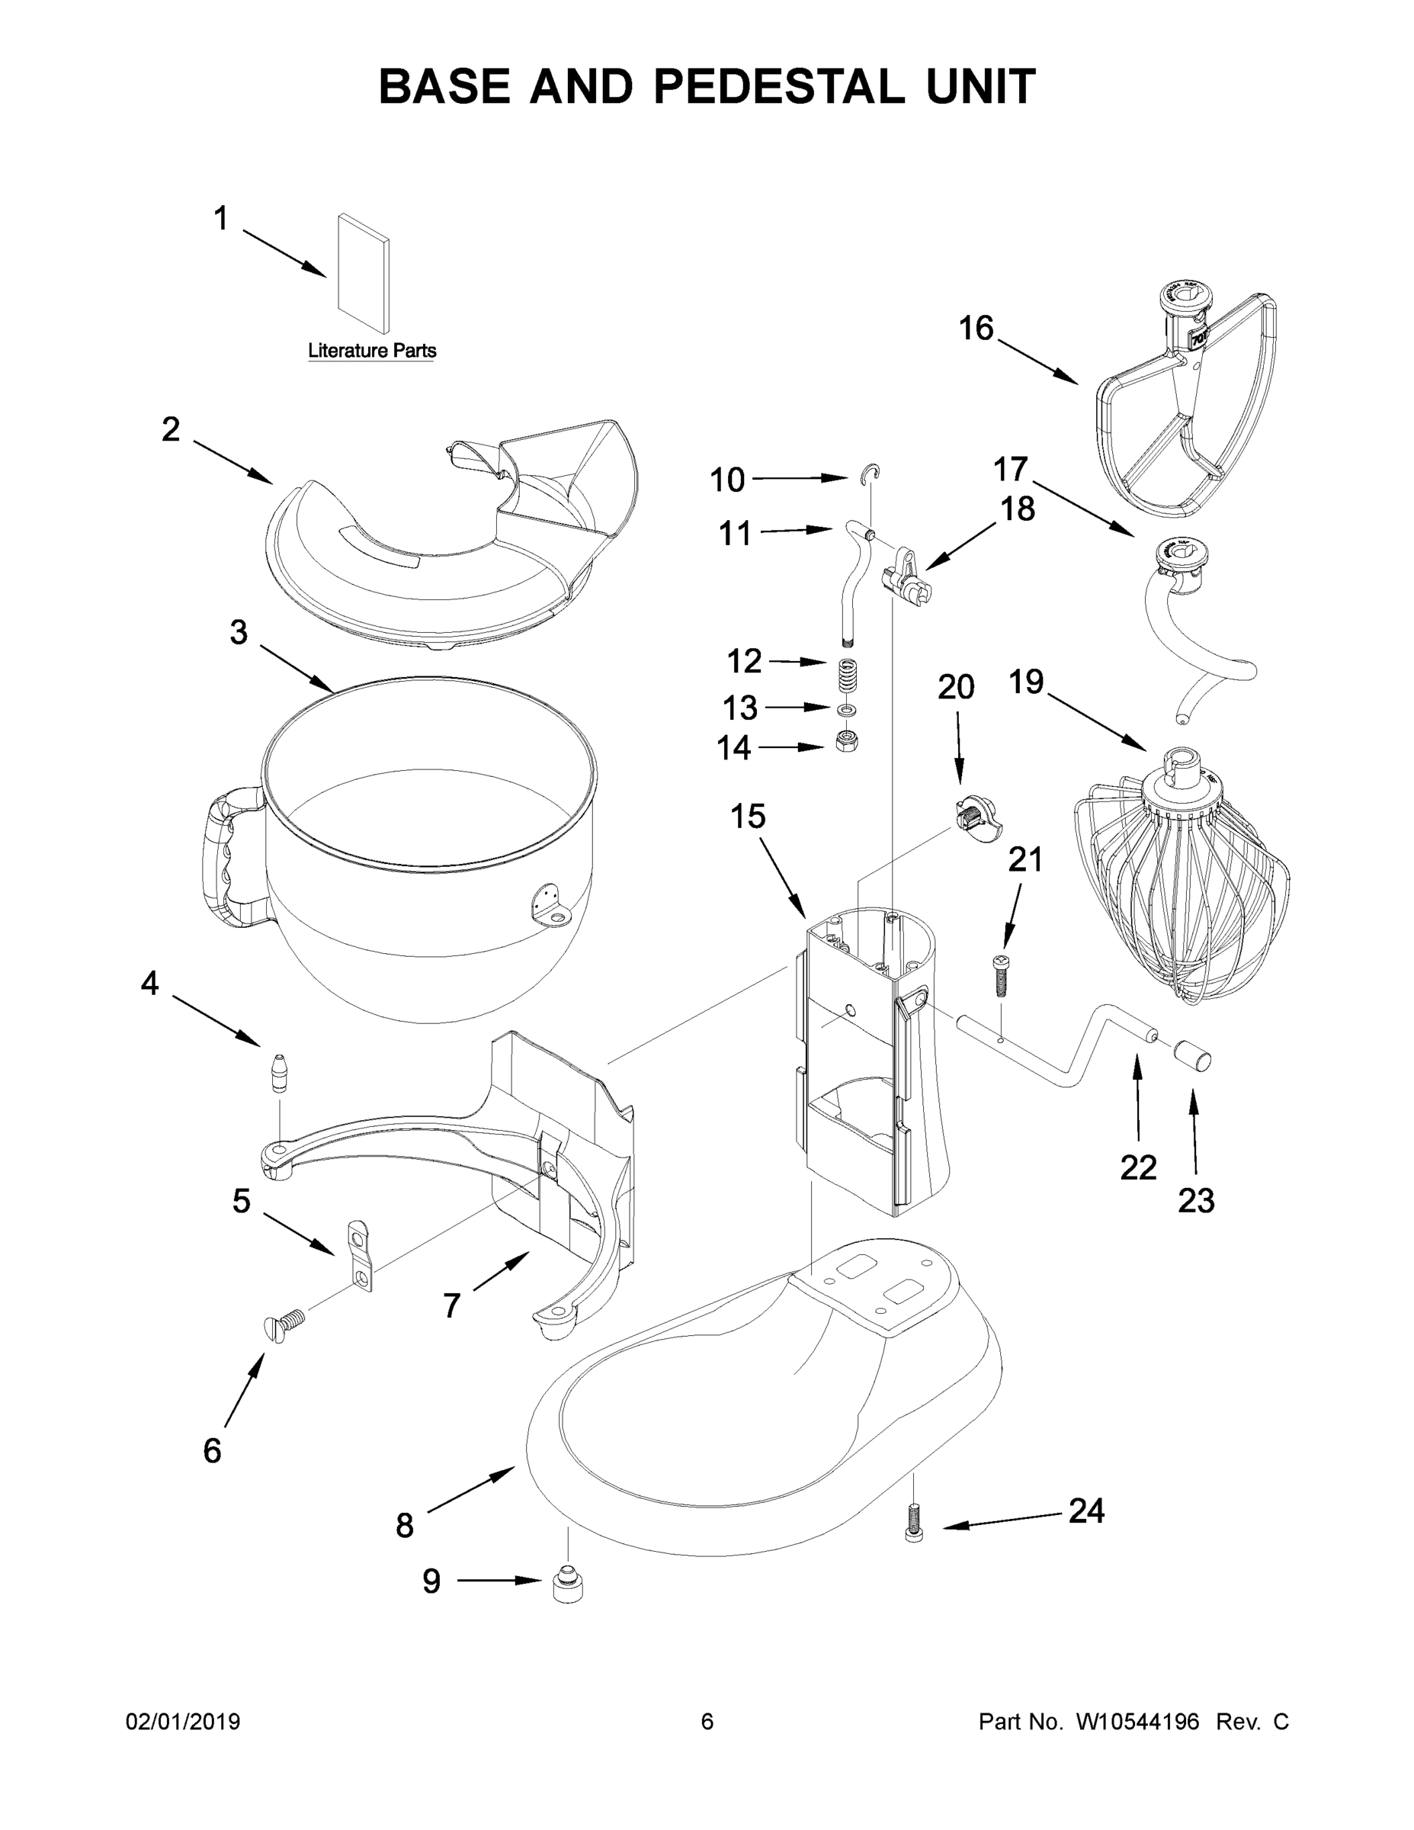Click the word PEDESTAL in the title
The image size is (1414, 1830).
click(778, 86)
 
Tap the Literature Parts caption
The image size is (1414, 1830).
click(372, 350)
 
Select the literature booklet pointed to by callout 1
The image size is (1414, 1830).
click(363, 274)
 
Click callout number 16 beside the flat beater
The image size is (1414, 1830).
click(976, 329)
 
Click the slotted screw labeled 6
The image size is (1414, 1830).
click(285, 1324)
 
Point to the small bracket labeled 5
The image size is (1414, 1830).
click(358, 1254)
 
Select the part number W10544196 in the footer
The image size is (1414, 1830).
click(1137, 1721)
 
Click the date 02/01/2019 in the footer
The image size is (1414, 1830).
click(183, 1721)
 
